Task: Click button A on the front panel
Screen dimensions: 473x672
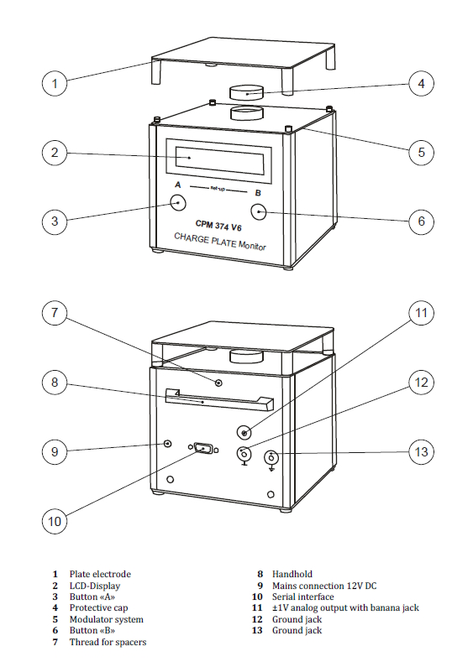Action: tap(178, 203)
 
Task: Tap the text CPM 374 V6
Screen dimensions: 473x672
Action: tap(218, 225)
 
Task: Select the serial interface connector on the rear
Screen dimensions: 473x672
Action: tap(202, 448)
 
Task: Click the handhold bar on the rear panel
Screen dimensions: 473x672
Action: tap(219, 399)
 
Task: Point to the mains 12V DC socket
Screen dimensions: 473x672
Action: tap(167, 443)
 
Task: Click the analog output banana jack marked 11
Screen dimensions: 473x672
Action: tap(244, 433)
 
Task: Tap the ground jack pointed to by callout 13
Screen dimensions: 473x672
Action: tap(271, 458)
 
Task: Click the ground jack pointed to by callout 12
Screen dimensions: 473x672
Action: tap(244, 452)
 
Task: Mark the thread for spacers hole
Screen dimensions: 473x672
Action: tap(218, 383)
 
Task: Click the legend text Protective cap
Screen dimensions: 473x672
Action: tap(99, 607)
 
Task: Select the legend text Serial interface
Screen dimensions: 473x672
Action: tap(302, 596)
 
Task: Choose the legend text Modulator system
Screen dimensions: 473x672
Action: tap(107, 619)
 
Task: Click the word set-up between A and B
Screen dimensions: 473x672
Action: tap(218, 189)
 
